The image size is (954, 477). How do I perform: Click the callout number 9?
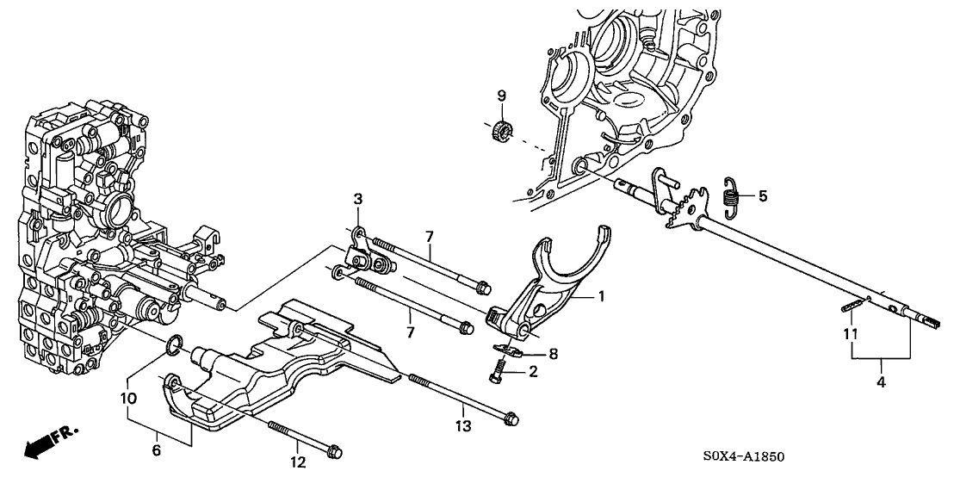pyautogui.click(x=500, y=96)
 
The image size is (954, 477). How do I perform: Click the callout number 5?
pyautogui.click(x=763, y=196)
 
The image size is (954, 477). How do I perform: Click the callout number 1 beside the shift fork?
pyautogui.click(x=601, y=296)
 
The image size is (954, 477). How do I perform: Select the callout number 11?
pyautogui.click(x=851, y=332)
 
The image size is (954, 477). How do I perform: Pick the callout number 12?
pyautogui.click(x=299, y=463)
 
